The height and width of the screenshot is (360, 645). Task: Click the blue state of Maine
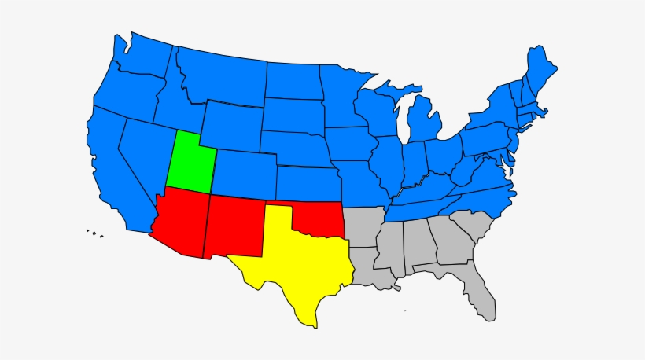click(540, 67)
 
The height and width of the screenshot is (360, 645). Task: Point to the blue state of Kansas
click(307, 183)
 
